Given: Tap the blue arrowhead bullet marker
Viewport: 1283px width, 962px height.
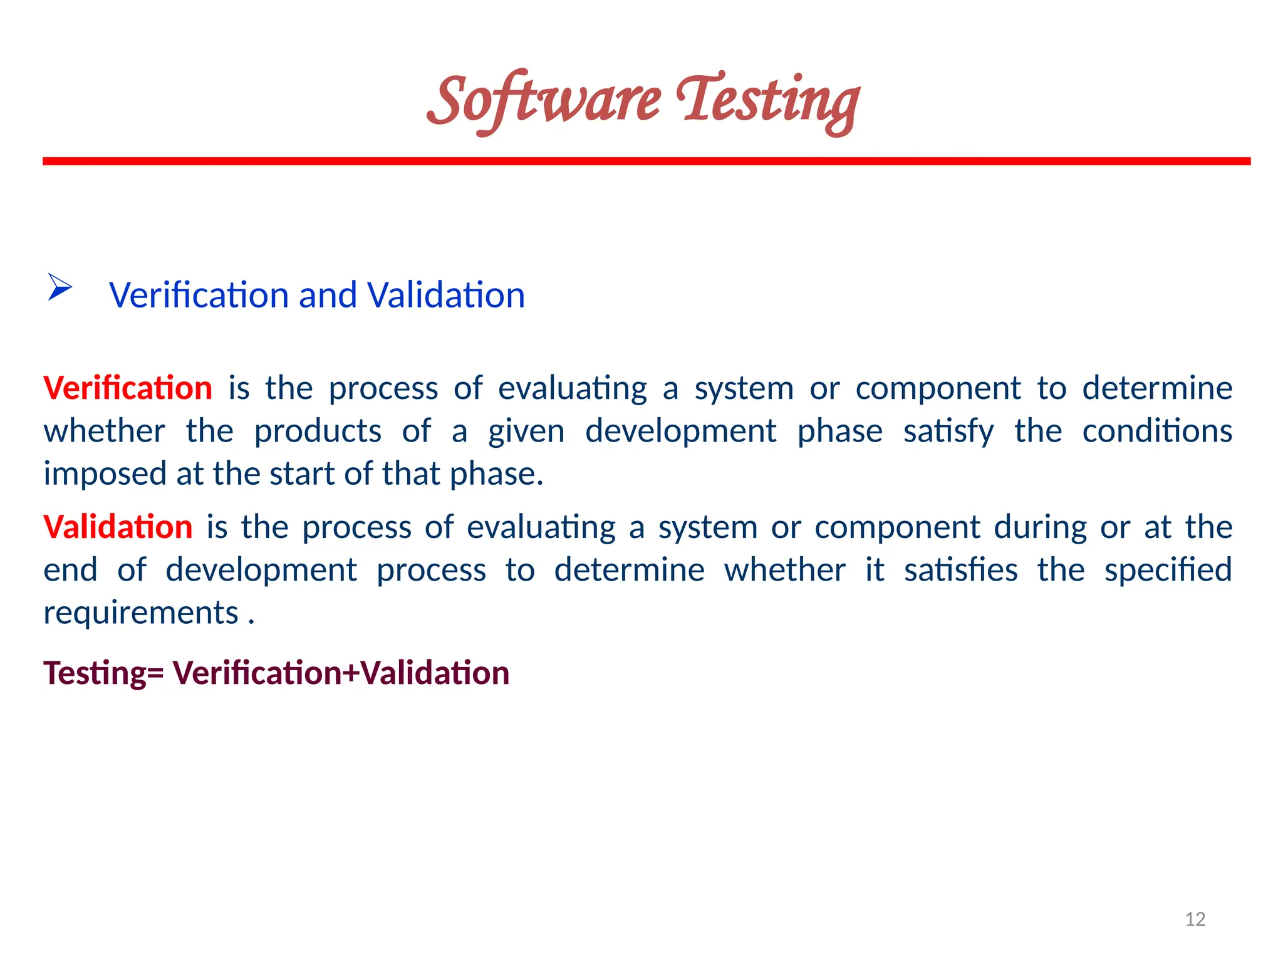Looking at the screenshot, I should click(60, 287).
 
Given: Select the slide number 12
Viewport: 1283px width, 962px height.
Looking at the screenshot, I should click(1195, 919).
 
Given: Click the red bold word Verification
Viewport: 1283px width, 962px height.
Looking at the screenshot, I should click(128, 388).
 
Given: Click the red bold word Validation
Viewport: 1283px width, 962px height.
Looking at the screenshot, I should click(118, 527).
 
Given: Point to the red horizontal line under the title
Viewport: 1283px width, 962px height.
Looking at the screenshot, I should click(647, 162).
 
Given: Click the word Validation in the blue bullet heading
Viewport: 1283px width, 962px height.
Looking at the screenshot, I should click(446, 295).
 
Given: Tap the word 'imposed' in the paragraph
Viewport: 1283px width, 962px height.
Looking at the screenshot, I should click(104, 474).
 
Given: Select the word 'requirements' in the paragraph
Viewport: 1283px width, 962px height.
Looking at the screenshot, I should click(141, 613).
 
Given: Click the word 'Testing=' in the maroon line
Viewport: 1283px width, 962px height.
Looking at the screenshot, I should click(103, 673).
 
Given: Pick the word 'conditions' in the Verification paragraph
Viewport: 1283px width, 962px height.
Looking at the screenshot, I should click(1157, 431).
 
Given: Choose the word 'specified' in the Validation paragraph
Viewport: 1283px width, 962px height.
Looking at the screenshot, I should click(1168, 570).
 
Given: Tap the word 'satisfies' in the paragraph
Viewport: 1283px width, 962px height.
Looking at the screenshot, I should click(961, 570).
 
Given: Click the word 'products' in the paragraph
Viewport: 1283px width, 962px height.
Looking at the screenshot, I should click(318, 431).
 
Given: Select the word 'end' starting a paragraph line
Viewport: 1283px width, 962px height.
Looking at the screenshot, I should click(70, 570).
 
